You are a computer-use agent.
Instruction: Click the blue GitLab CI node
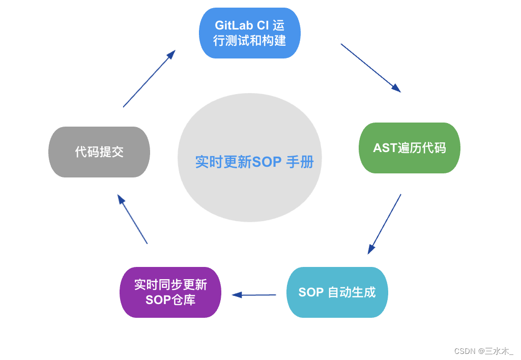pyautogui.click(x=249, y=33)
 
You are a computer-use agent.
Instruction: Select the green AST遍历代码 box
pyautogui.click(x=410, y=148)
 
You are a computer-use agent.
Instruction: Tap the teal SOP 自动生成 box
pyautogui.click(x=337, y=292)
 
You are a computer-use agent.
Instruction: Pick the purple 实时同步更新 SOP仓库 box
pyautogui.click(x=170, y=292)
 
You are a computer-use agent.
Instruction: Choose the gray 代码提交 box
pyautogui.click(x=99, y=152)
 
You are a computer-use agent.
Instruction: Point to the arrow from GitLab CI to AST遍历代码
pyautogui.click(x=370, y=68)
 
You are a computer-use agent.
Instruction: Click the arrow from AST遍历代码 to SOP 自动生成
pyautogui.click(x=384, y=224)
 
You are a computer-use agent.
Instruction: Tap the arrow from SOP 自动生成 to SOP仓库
pyautogui.click(x=254, y=294)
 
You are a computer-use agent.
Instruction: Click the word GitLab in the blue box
pyautogui.click(x=234, y=25)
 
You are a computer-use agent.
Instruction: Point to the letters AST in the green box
pyautogui.click(x=385, y=148)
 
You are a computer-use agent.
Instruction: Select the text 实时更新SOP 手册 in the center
pyautogui.click(x=254, y=162)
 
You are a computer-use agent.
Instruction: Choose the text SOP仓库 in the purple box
pyautogui.click(x=170, y=300)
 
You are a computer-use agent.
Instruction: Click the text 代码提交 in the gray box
pyautogui.click(x=99, y=152)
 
